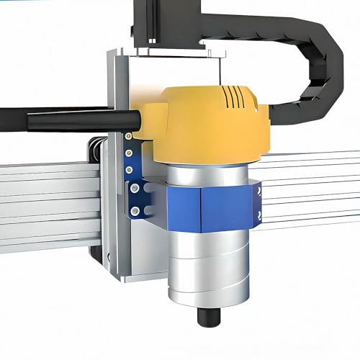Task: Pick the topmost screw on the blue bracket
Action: pyautogui.click(x=128, y=135)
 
